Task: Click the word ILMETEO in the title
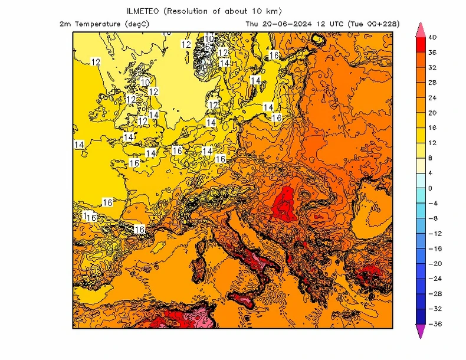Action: click(145, 11)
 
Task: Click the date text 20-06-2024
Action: click(285, 24)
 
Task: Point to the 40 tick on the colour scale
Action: click(432, 37)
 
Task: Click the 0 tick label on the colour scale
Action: click(430, 188)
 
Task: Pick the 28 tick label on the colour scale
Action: click(432, 83)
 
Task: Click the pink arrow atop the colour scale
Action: click(421, 29)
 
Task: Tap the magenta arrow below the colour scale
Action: click(421, 332)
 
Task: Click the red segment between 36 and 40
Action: click(421, 45)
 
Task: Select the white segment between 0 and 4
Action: click(421, 181)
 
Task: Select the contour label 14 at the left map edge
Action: click(79, 144)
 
